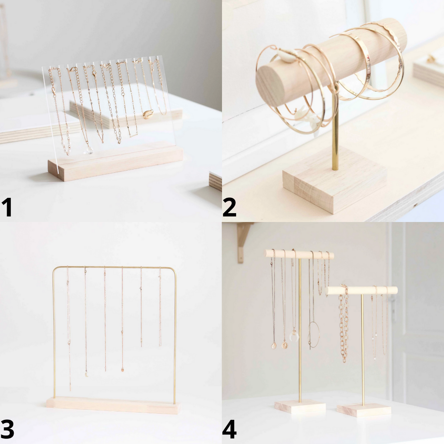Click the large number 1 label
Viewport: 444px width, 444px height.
tap(7, 208)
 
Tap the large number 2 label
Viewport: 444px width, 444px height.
tap(229, 208)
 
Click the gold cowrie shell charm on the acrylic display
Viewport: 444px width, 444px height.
tap(148, 114)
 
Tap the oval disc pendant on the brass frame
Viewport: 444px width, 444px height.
tap(122, 370)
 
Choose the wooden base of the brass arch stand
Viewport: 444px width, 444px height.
tap(113, 405)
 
